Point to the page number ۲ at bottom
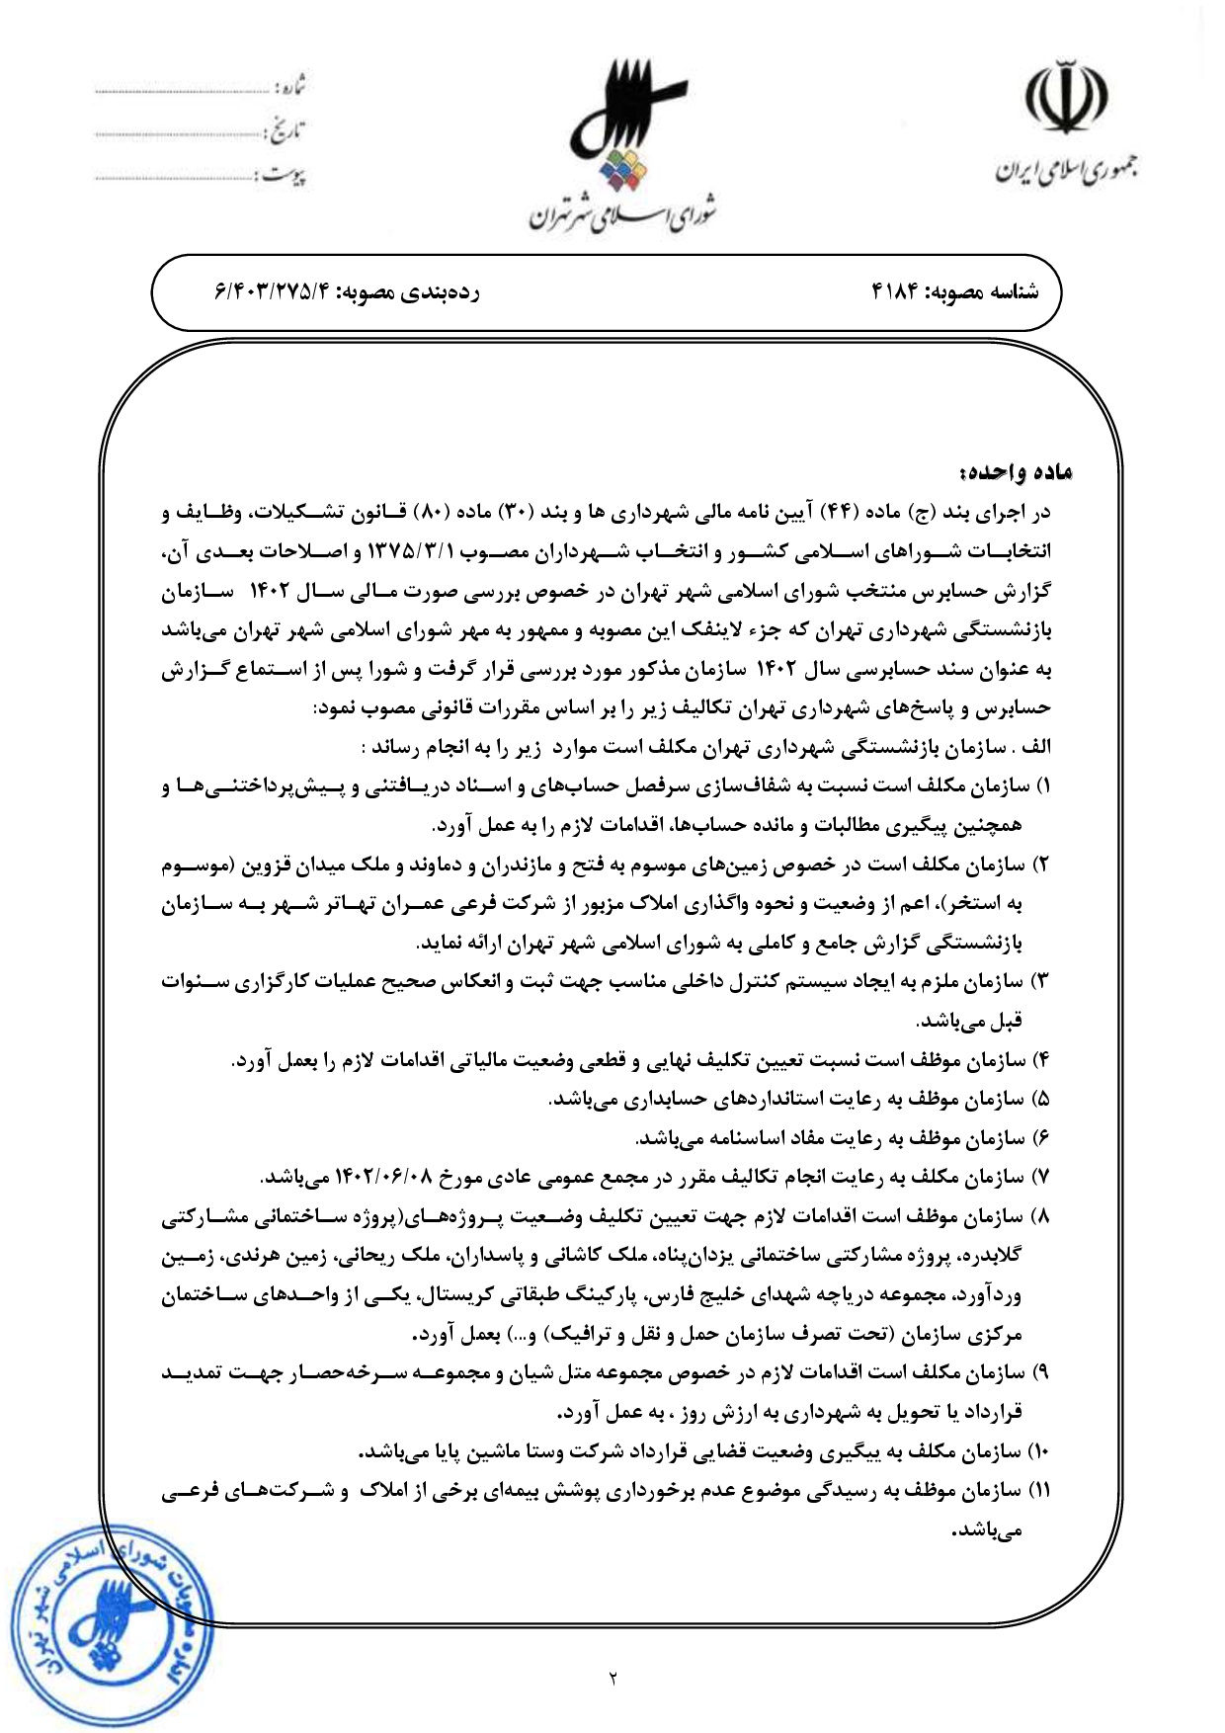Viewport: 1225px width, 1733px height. tap(612, 1677)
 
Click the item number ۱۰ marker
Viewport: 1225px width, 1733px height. tap(1039, 1452)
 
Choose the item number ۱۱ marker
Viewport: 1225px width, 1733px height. tap(1038, 1491)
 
